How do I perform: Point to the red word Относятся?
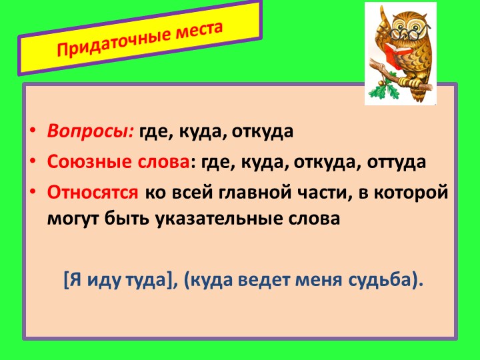click(93, 192)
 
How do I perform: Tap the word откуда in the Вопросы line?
click(262, 131)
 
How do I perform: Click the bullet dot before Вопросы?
click(33, 131)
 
